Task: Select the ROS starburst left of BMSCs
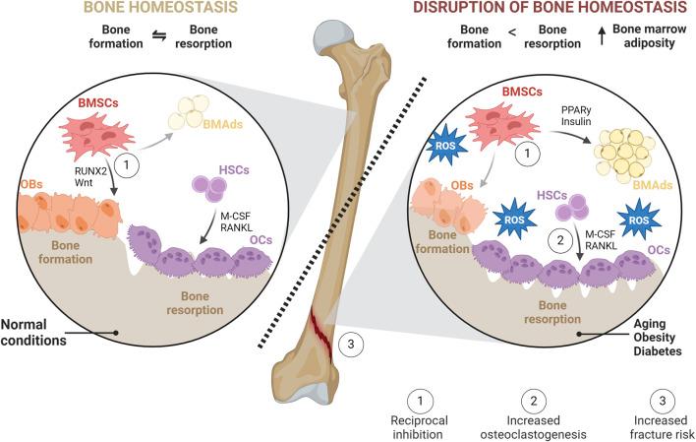tap(443, 149)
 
